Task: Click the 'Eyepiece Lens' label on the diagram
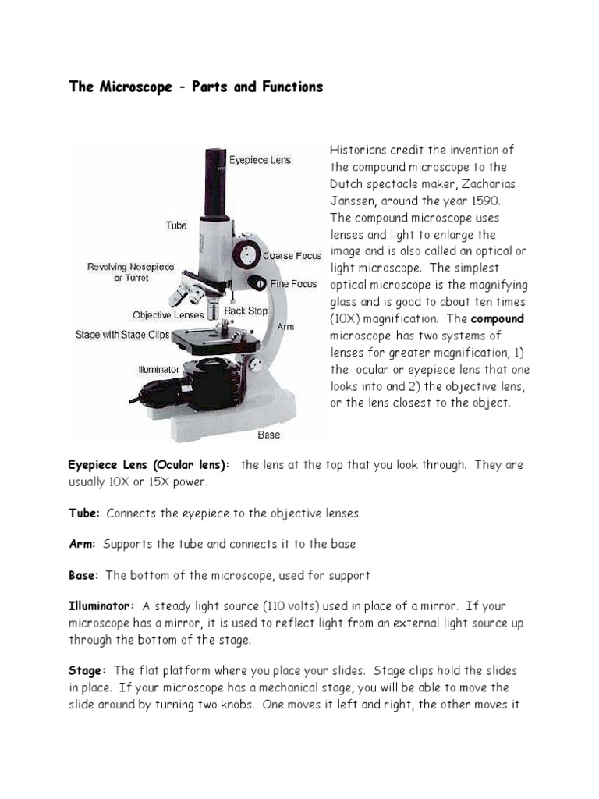259,160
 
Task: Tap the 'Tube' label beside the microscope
176,225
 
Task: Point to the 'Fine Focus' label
293,284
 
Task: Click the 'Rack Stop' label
246,311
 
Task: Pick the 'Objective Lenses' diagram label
168,315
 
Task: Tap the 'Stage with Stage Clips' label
122,335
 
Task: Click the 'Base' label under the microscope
269,435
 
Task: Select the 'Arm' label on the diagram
285,327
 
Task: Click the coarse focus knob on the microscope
250,254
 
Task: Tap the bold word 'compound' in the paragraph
498,318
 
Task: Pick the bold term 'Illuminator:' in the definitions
102,606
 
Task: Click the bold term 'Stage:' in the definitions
87,671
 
